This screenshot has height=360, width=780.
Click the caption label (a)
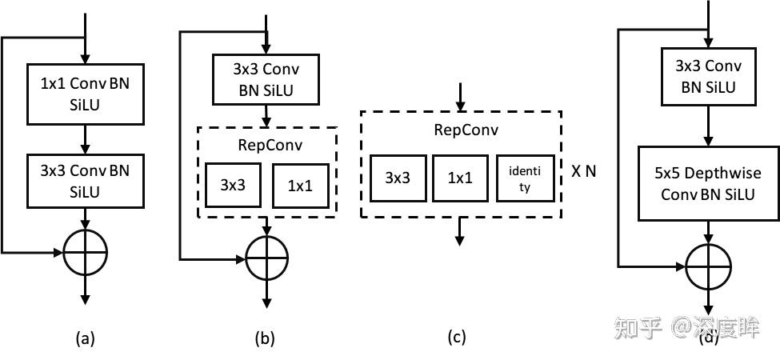(84, 338)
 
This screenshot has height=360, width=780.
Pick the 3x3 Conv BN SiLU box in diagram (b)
(265, 79)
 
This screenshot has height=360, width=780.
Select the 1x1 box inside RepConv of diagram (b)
(299, 184)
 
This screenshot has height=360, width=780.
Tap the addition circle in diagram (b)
(266, 258)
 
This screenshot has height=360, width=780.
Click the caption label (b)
(265, 338)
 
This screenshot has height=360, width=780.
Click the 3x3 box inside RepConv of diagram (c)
(398, 178)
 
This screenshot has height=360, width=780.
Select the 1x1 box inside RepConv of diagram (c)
(459, 178)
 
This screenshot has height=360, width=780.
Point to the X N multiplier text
(583, 171)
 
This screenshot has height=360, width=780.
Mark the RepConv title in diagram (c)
(460, 130)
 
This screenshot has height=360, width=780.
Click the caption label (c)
(456, 337)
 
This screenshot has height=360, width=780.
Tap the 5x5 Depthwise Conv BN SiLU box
(708, 183)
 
